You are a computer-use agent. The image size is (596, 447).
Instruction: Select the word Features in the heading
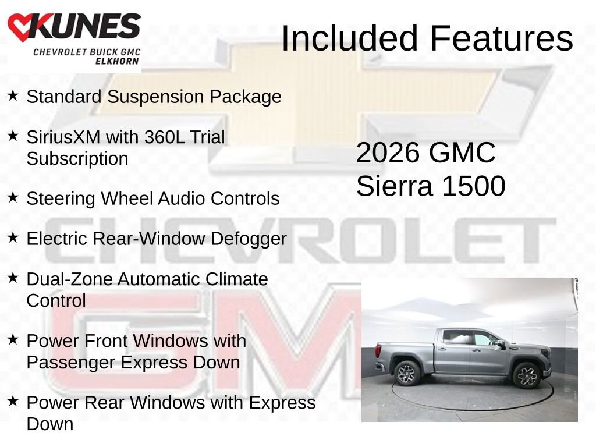point(502,38)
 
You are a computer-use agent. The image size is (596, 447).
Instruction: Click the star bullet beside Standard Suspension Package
point(13,95)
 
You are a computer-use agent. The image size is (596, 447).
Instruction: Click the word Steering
point(61,198)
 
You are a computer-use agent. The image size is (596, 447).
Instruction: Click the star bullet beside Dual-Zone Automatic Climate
point(13,278)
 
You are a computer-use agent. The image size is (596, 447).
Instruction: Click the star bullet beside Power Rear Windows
point(13,401)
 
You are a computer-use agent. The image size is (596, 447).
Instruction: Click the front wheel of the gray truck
point(526,375)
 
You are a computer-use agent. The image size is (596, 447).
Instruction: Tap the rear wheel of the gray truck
point(407,373)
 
